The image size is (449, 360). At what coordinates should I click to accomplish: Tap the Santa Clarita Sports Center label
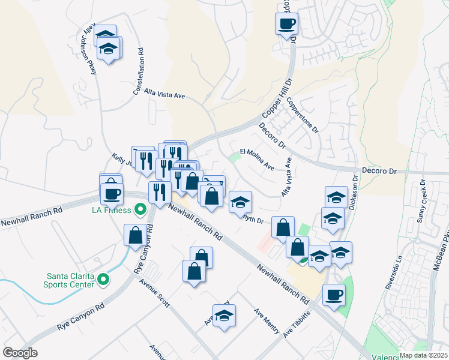pyautogui.click(x=71, y=280)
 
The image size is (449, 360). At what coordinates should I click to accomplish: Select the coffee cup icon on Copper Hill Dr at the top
pyautogui.click(x=286, y=23)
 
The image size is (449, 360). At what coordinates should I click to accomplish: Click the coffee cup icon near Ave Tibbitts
pyautogui.click(x=334, y=294)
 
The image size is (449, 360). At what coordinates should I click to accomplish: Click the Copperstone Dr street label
pyautogui.click(x=302, y=115)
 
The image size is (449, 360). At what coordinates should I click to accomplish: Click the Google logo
pyautogui.click(x=20, y=353)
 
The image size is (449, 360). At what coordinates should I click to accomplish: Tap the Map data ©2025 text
pyautogui.click(x=423, y=355)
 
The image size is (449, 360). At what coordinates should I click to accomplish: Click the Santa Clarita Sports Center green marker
pyautogui.click(x=103, y=279)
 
